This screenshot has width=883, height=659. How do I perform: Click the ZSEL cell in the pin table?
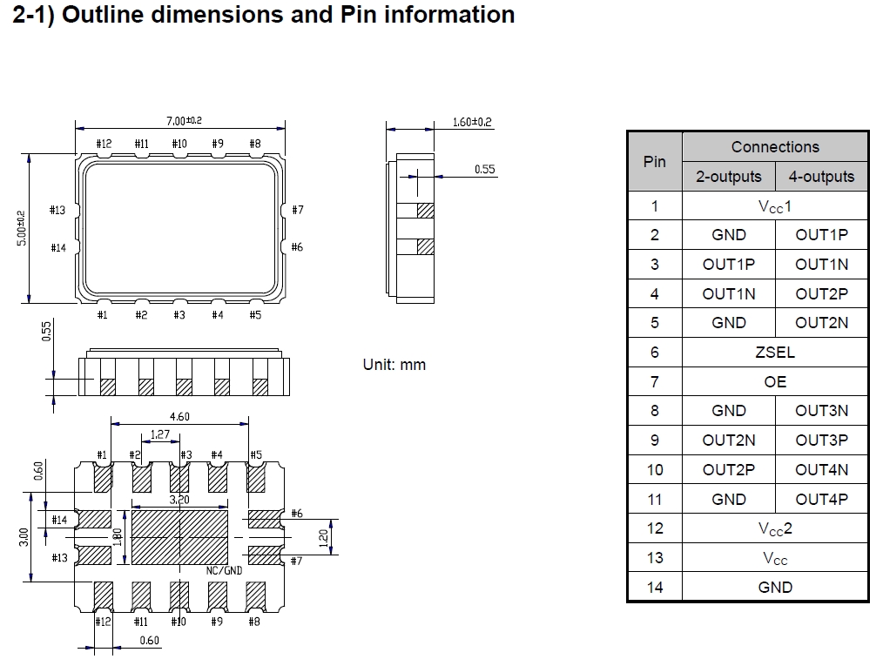774,353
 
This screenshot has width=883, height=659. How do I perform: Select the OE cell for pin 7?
774,382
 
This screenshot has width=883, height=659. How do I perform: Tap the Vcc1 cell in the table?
774,206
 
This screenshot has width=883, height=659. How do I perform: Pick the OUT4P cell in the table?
821,500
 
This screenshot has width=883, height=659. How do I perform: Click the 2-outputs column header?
728,177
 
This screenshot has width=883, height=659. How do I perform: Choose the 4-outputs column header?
821,177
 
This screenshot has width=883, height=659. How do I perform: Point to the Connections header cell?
774,147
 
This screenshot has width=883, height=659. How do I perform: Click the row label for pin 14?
654,588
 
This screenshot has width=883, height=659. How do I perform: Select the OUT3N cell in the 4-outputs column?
821,411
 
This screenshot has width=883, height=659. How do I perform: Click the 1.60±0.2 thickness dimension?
472,122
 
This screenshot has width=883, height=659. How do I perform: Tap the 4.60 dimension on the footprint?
179,417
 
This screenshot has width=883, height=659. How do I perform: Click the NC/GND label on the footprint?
224,571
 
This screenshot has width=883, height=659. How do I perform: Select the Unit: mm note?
394,365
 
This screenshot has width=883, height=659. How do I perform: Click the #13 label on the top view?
57,210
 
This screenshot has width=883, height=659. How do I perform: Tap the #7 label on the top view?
297,210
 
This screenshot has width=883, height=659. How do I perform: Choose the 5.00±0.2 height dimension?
22,228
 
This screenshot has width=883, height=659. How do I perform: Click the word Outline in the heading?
104,15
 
